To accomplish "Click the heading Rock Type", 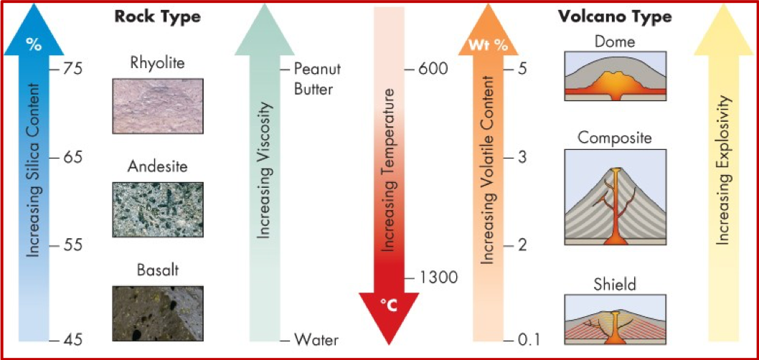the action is (x=158, y=16).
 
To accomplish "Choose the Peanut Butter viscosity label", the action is (x=318, y=79).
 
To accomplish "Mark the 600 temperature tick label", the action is (x=432, y=69).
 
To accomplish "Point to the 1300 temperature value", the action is (x=438, y=277).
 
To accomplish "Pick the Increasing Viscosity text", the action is (x=265, y=172).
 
